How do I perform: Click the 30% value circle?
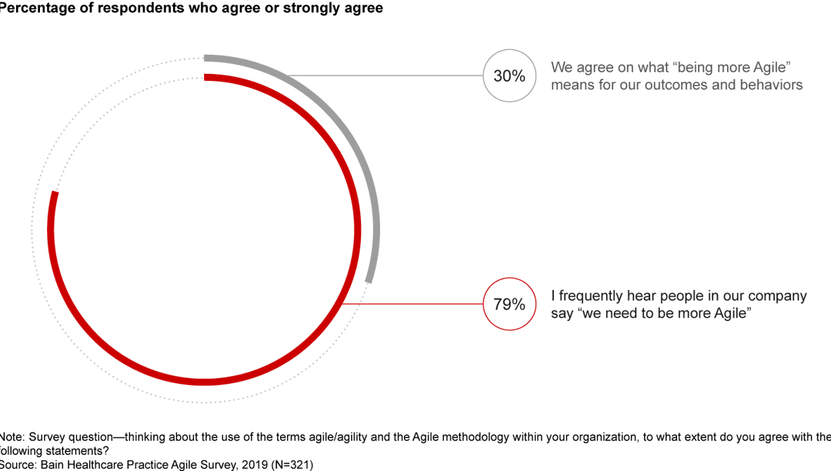click(509, 75)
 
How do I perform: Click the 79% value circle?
click(509, 304)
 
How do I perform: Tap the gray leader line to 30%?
click(385, 75)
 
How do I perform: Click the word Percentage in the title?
click(35, 8)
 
